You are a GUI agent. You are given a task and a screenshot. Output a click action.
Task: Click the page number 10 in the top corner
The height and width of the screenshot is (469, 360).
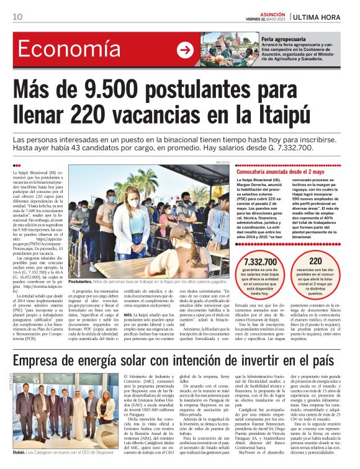[x=17, y=16]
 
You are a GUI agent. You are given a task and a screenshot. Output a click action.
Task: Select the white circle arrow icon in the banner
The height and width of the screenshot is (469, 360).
[x=185, y=50]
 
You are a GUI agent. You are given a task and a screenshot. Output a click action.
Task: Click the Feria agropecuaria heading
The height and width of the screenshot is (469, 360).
[x=284, y=39]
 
